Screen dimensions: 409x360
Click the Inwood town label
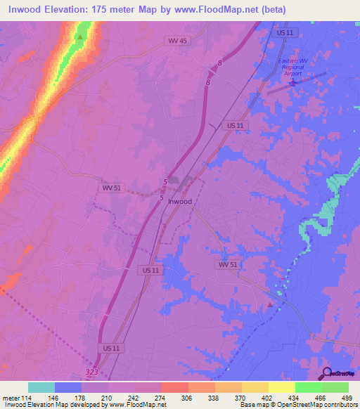(180, 201)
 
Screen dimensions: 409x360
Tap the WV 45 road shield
(178, 41)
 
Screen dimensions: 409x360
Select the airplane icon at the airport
(293, 84)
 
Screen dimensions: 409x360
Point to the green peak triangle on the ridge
(81, 37)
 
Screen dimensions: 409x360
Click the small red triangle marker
(270, 304)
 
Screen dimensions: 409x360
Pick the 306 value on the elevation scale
(188, 397)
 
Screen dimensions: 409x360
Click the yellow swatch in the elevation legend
(281, 387)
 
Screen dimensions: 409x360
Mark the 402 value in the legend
(268, 397)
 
